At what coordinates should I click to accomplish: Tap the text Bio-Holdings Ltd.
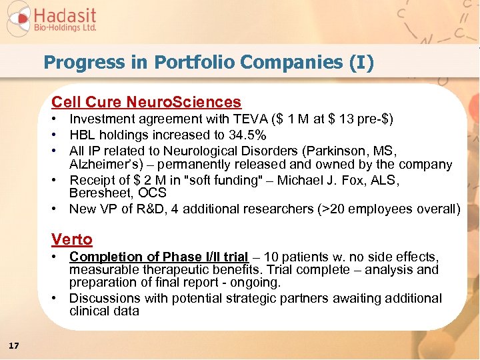66,29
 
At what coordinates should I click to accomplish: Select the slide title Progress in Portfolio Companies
209,63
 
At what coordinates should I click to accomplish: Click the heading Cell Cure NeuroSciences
147,102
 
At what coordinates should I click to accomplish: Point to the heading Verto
72,239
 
